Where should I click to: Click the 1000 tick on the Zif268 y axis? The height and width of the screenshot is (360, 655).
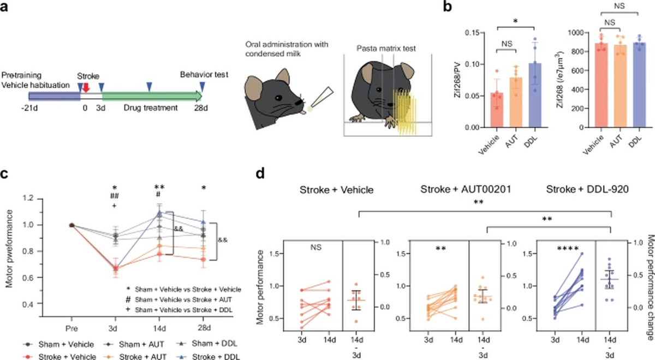point(575,33)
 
